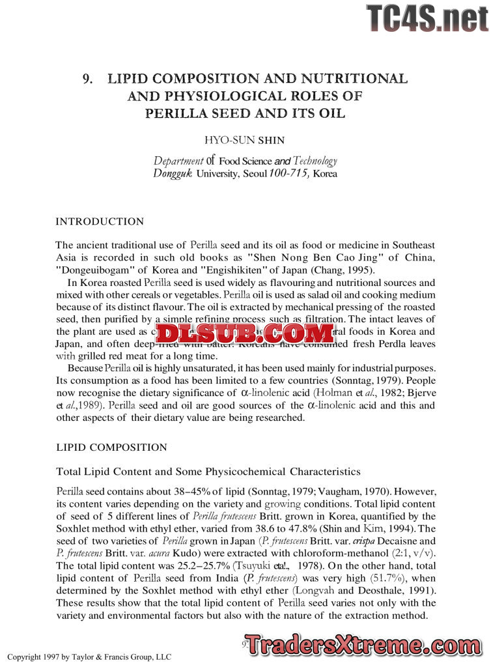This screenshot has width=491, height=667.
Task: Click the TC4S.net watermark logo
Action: [427, 18]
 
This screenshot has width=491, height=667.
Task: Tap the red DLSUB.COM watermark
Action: [245, 334]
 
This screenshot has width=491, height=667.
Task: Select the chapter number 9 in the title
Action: [87, 79]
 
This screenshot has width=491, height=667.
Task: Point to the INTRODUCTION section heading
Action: [100, 221]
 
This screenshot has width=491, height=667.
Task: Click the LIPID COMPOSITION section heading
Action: [111, 447]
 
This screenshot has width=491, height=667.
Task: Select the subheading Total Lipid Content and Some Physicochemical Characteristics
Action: [208, 471]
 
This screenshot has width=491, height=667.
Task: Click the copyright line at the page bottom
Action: [89, 657]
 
